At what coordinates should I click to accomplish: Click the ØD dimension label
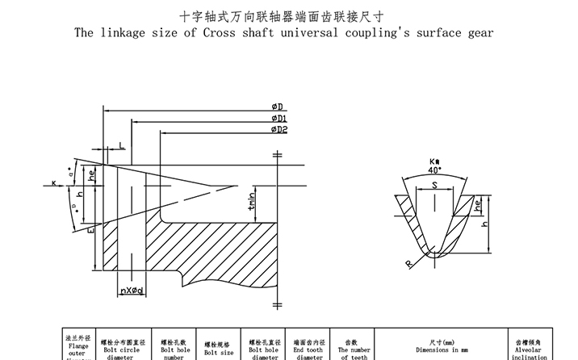point(276,107)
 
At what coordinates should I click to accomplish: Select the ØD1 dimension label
point(279,119)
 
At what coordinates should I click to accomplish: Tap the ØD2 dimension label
point(279,129)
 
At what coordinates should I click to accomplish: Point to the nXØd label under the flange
point(132,290)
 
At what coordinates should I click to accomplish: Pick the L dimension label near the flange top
point(121,144)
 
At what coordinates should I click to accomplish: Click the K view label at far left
point(53,183)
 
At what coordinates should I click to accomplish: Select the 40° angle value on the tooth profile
point(435,170)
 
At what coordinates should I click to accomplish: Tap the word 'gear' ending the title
point(477,33)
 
